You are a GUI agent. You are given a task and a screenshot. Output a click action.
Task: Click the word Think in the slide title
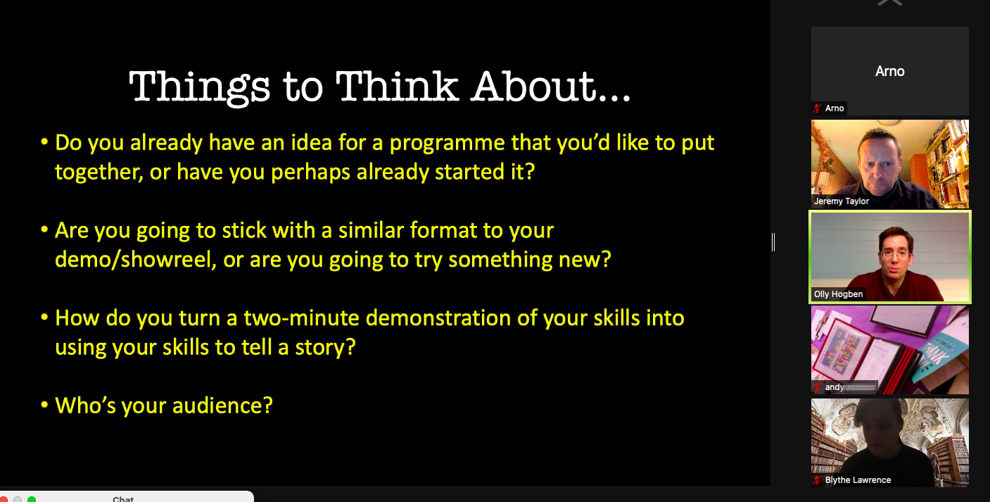click(396, 86)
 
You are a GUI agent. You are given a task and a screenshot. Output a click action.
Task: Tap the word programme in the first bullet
click(447, 144)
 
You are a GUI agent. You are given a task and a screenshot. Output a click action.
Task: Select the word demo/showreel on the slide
click(136, 260)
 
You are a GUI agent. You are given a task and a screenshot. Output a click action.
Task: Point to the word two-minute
click(301, 318)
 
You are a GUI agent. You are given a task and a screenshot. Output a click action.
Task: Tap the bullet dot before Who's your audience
click(44, 405)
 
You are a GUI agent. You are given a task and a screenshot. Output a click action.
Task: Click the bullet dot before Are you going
click(44, 230)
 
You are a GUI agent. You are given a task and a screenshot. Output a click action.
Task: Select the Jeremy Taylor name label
click(841, 201)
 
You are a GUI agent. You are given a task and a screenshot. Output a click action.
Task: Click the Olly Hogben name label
click(838, 294)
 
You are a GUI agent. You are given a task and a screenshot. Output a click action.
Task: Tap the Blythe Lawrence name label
click(858, 480)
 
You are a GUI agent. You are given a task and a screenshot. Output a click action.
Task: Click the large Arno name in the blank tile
click(889, 71)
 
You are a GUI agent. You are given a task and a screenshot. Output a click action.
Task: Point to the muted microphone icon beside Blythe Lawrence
click(817, 480)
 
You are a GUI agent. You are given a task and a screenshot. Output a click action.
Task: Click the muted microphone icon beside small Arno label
click(817, 108)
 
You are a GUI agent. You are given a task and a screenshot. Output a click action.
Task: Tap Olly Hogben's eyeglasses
click(896, 255)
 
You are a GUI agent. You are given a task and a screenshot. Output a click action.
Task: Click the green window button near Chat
click(32, 499)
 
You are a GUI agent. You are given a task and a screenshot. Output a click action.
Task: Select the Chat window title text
click(123, 499)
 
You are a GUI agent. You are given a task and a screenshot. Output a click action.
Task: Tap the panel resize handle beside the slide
click(773, 242)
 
